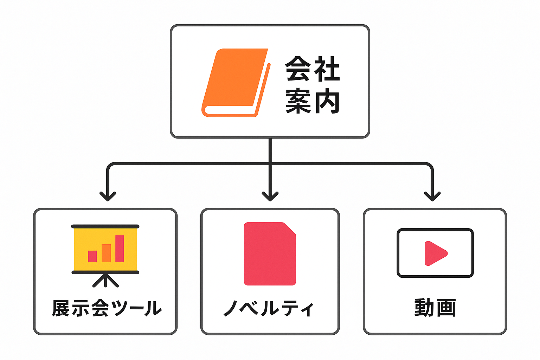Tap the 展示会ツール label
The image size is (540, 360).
(x=107, y=308)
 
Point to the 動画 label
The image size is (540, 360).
(x=435, y=308)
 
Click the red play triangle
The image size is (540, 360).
(x=435, y=253)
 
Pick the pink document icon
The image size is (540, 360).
(x=270, y=254)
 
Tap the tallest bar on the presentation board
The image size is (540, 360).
(x=120, y=249)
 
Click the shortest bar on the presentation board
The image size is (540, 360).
(x=92, y=256)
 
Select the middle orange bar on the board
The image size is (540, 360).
(x=106, y=253)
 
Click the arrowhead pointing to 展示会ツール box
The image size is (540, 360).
(x=108, y=195)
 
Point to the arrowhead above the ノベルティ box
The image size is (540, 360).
(x=270, y=195)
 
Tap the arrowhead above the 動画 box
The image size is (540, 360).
(x=432, y=195)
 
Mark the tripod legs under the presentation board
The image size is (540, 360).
(x=105, y=281)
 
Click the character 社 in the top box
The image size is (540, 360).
(x=327, y=69)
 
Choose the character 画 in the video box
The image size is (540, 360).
(x=446, y=308)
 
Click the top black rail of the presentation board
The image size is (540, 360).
(x=105, y=226)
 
